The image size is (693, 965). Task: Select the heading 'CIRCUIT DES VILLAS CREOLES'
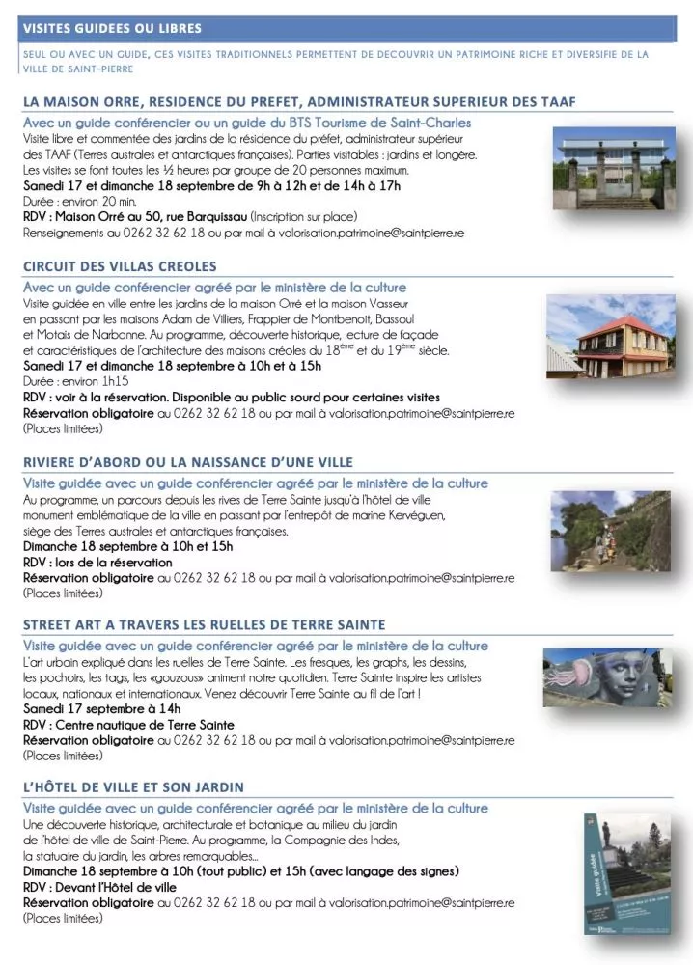[x=120, y=266]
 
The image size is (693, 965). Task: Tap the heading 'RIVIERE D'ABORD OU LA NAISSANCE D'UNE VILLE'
[x=188, y=462]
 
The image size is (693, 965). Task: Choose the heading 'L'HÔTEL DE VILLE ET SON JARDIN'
[x=133, y=787]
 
